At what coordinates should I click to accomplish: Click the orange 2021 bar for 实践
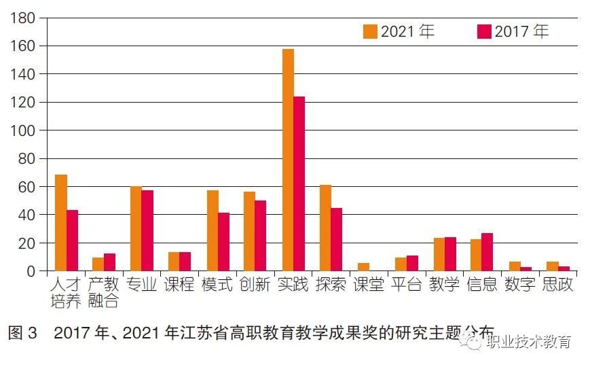pos(288,160)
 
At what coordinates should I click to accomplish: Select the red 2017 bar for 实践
pos(299,183)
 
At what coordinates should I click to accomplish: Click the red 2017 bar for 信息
pos(487,252)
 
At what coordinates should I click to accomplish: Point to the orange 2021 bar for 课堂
pos(363,267)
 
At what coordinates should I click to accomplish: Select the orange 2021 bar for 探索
pos(325,228)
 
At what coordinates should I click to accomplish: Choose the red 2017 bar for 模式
pos(223,242)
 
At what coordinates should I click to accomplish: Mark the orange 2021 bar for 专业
pos(136,228)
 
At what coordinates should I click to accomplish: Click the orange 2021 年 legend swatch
pos(370,31)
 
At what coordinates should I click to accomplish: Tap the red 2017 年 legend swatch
pos(484,31)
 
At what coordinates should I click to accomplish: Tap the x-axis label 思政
pos(558,284)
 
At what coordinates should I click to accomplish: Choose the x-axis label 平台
pos(407,284)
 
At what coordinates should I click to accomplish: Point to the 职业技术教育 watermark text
pos(528,342)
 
